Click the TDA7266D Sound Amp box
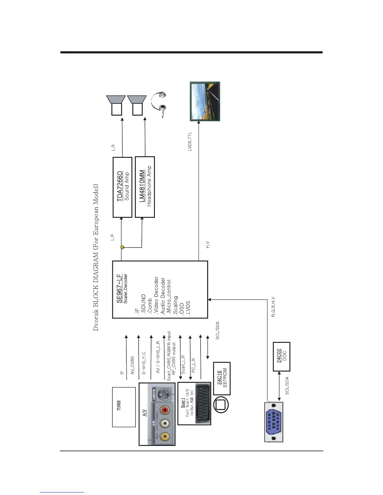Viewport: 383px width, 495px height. pyautogui.click(x=122, y=187)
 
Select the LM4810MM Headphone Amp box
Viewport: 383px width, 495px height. pyautogui.click(x=145, y=187)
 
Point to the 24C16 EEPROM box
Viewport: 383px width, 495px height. pyautogui.click(x=222, y=378)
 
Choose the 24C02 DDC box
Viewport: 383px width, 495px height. pyautogui.click(x=282, y=357)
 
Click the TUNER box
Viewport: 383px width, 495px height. pyautogui.click(x=124, y=407)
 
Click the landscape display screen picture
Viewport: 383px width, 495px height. pyautogui.click(x=205, y=101)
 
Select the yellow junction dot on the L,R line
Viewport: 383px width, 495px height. pyautogui.click(x=122, y=247)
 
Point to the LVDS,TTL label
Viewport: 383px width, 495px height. pyautogui.click(x=190, y=142)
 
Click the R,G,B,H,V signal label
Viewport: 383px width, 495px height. pyautogui.click(x=273, y=307)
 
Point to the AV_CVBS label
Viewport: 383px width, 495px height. pyautogui.click(x=132, y=365)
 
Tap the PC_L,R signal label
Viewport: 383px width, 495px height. pyautogui.click(x=193, y=365)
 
